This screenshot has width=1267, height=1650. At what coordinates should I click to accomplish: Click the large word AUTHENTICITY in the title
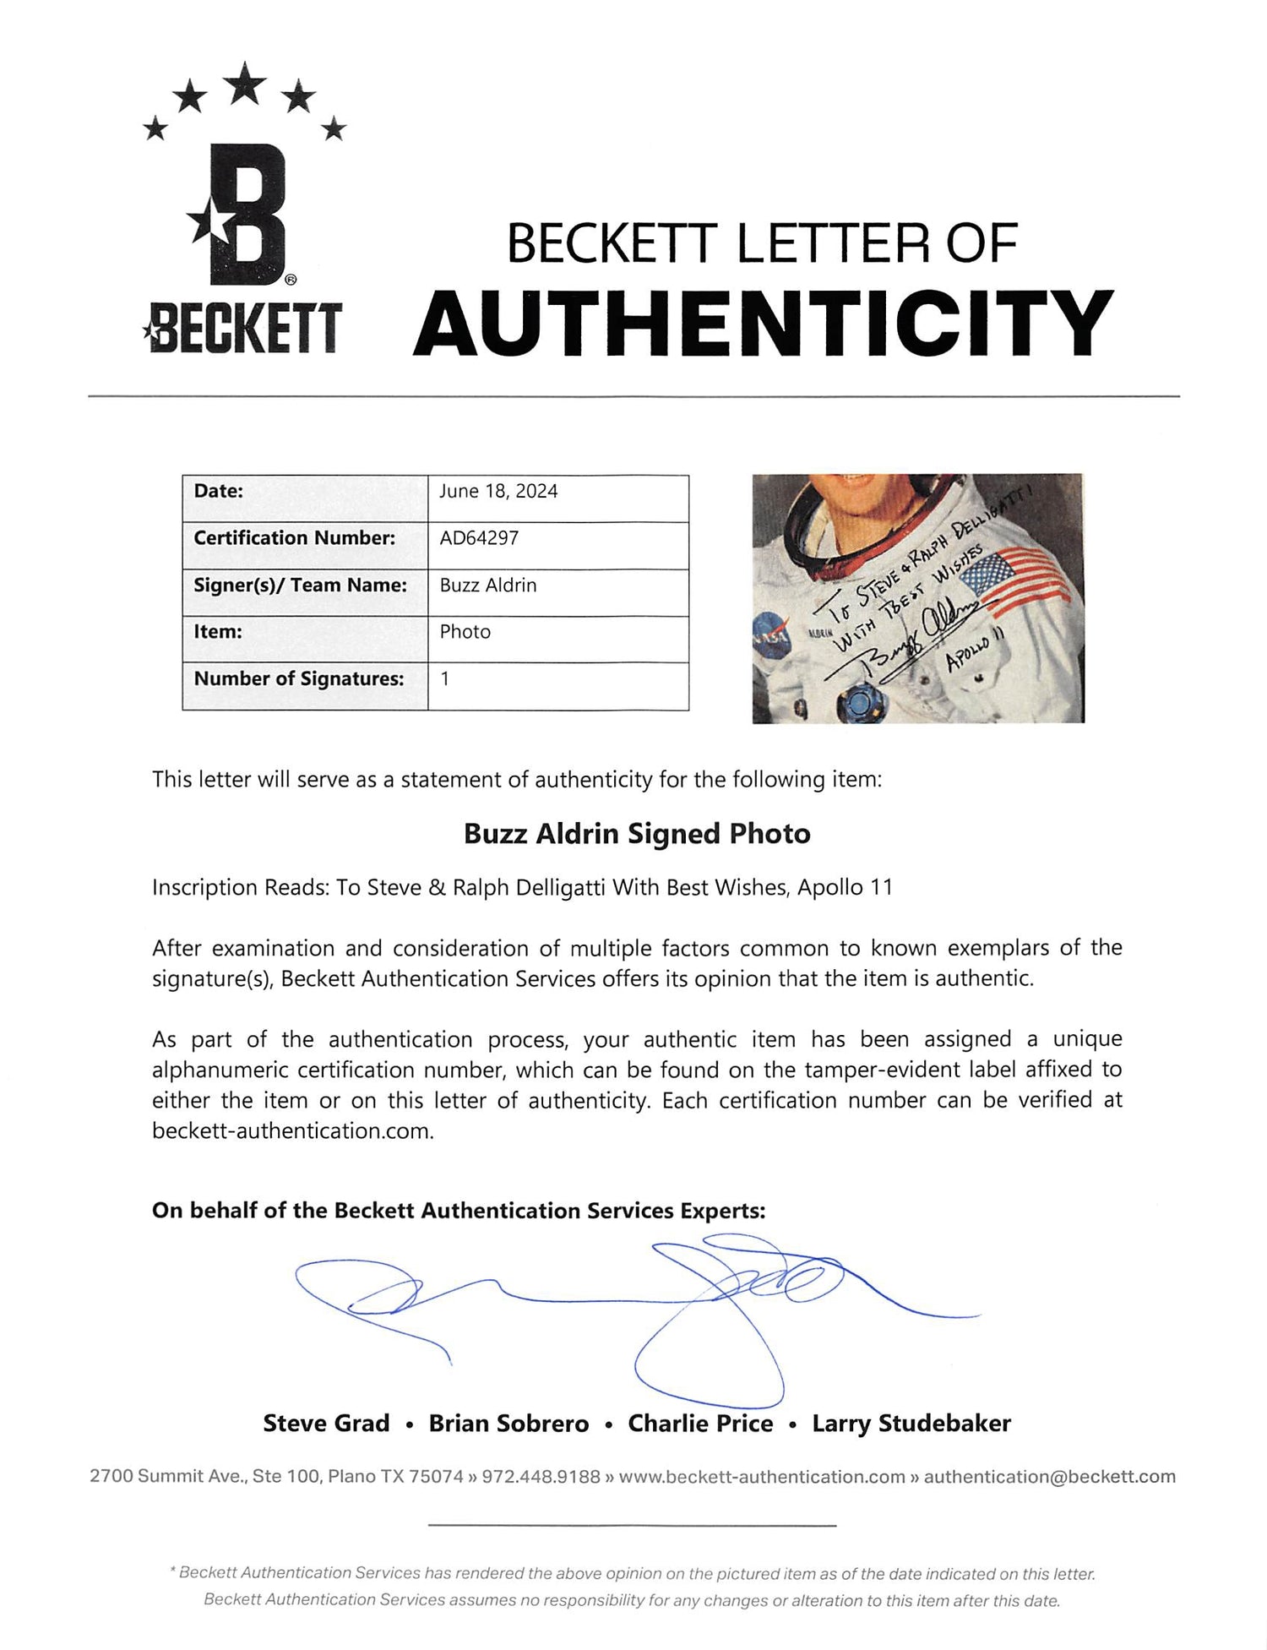pyautogui.click(x=763, y=323)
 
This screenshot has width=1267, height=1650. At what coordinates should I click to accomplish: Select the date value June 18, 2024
pyautogui.click(x=498, y=492)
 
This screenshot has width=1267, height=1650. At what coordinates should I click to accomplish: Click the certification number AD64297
pyautogui.click(x=479, y=538)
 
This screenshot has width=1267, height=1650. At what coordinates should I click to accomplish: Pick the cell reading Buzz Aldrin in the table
pyautogui.click(x=488, y=585)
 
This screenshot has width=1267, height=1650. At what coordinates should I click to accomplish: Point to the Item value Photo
pyautogui.click(x=465, y=632)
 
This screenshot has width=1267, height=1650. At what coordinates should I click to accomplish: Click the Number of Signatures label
pyautogui.click(x=299, y=678)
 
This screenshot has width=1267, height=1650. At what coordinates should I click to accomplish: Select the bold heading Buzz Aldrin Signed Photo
pyautogui.click(x=637, y=834)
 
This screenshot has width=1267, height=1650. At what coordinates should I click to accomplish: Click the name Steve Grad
pyautogui.click(x=326, y=1424)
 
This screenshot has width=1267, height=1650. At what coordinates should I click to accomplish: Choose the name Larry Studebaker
pyautogui.click(x=911, y=1424)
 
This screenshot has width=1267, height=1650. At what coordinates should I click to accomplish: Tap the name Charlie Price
pyautogui.click(x=700, y=1424)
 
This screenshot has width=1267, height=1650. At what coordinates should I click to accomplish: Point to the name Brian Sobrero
pyautogui.click(x=508, y=1424)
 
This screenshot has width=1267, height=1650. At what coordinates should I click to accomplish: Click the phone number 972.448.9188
pyautogui.click(x=541, y=1477)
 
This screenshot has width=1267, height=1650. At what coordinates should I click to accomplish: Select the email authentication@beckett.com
pyautogui.click(x=1049, y=1477)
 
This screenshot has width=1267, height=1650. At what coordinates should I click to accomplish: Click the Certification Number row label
pyautogui.click(x=294, y=538)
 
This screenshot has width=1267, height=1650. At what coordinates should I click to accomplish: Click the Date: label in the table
pyautogui.click(x=218, y=492)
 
